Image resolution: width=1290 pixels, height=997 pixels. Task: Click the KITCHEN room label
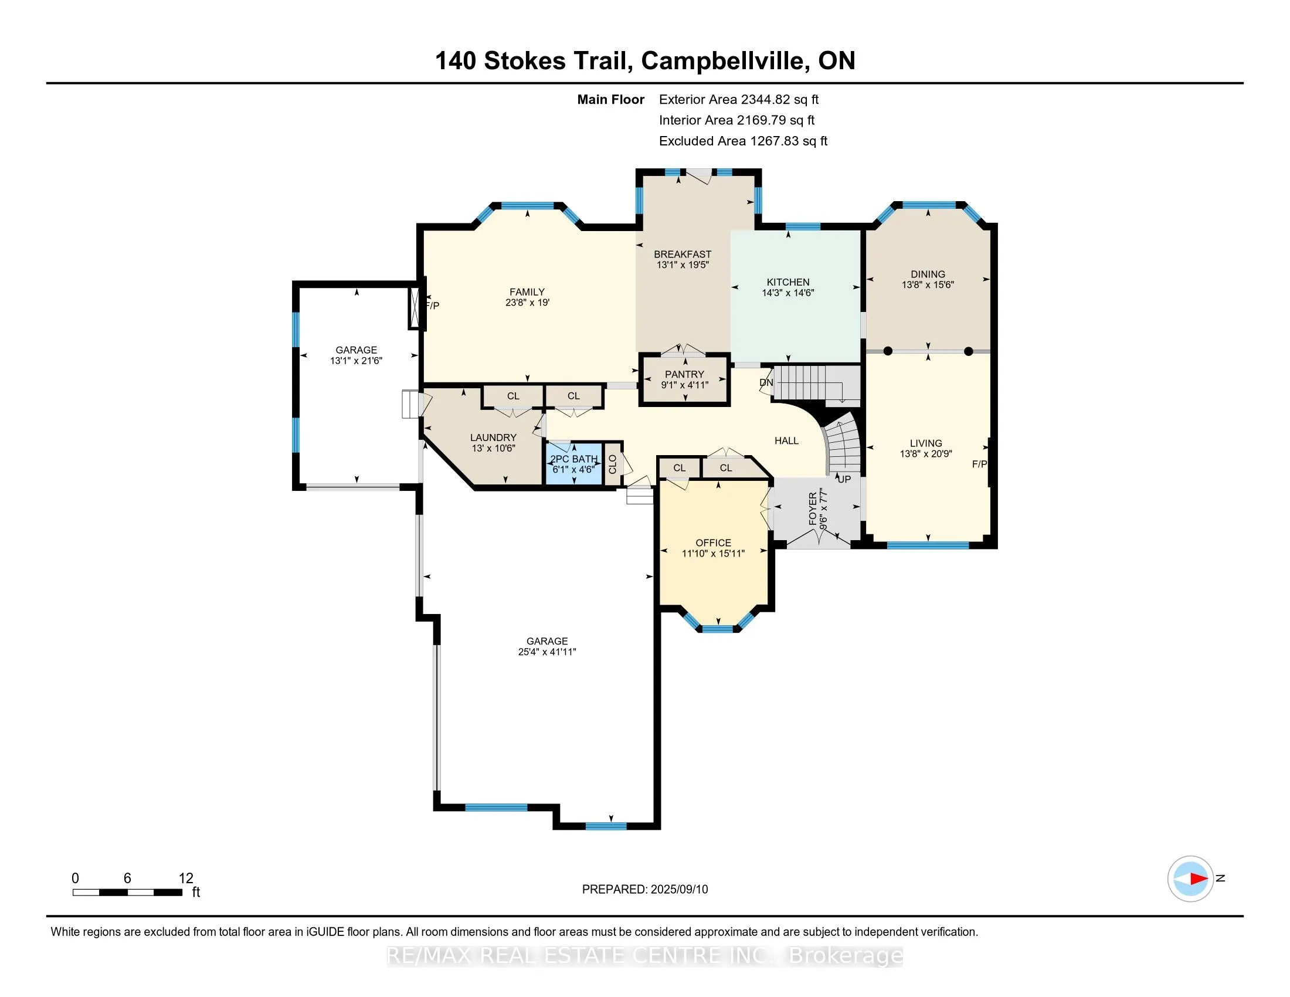coord(788,282)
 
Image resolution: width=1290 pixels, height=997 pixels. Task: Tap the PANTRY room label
coord(684,374)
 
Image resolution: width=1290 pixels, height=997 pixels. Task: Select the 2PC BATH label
coord(573,459)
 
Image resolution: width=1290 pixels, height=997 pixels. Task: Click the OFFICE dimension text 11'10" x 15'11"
coord(713,554)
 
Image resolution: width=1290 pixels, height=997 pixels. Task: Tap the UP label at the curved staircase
coord(844,479)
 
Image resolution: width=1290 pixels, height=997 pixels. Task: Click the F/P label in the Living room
coord(979,464)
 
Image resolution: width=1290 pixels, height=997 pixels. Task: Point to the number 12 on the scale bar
coord(185,878)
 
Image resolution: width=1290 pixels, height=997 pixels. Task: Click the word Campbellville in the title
coord(725,61)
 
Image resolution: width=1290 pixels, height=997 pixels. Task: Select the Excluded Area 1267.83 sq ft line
coord(742,141)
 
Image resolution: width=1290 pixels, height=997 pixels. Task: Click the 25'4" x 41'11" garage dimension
coord(547,652)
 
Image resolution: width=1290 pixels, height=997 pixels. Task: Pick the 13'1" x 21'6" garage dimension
coord(356,360)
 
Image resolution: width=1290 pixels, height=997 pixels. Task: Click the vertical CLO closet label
coord(613,464)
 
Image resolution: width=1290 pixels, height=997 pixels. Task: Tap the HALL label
coord(786,440)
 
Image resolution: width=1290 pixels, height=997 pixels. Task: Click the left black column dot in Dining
coord(887,351)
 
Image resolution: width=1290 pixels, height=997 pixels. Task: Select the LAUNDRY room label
coord(493,437)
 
